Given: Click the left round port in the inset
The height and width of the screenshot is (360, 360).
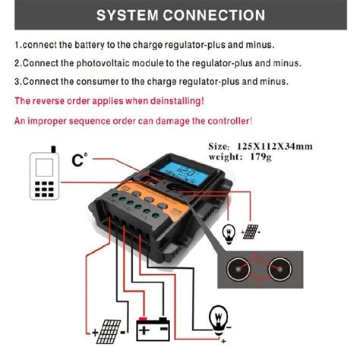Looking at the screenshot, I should [242, 272].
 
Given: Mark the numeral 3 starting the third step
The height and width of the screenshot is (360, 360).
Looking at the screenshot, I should [17, 81].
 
